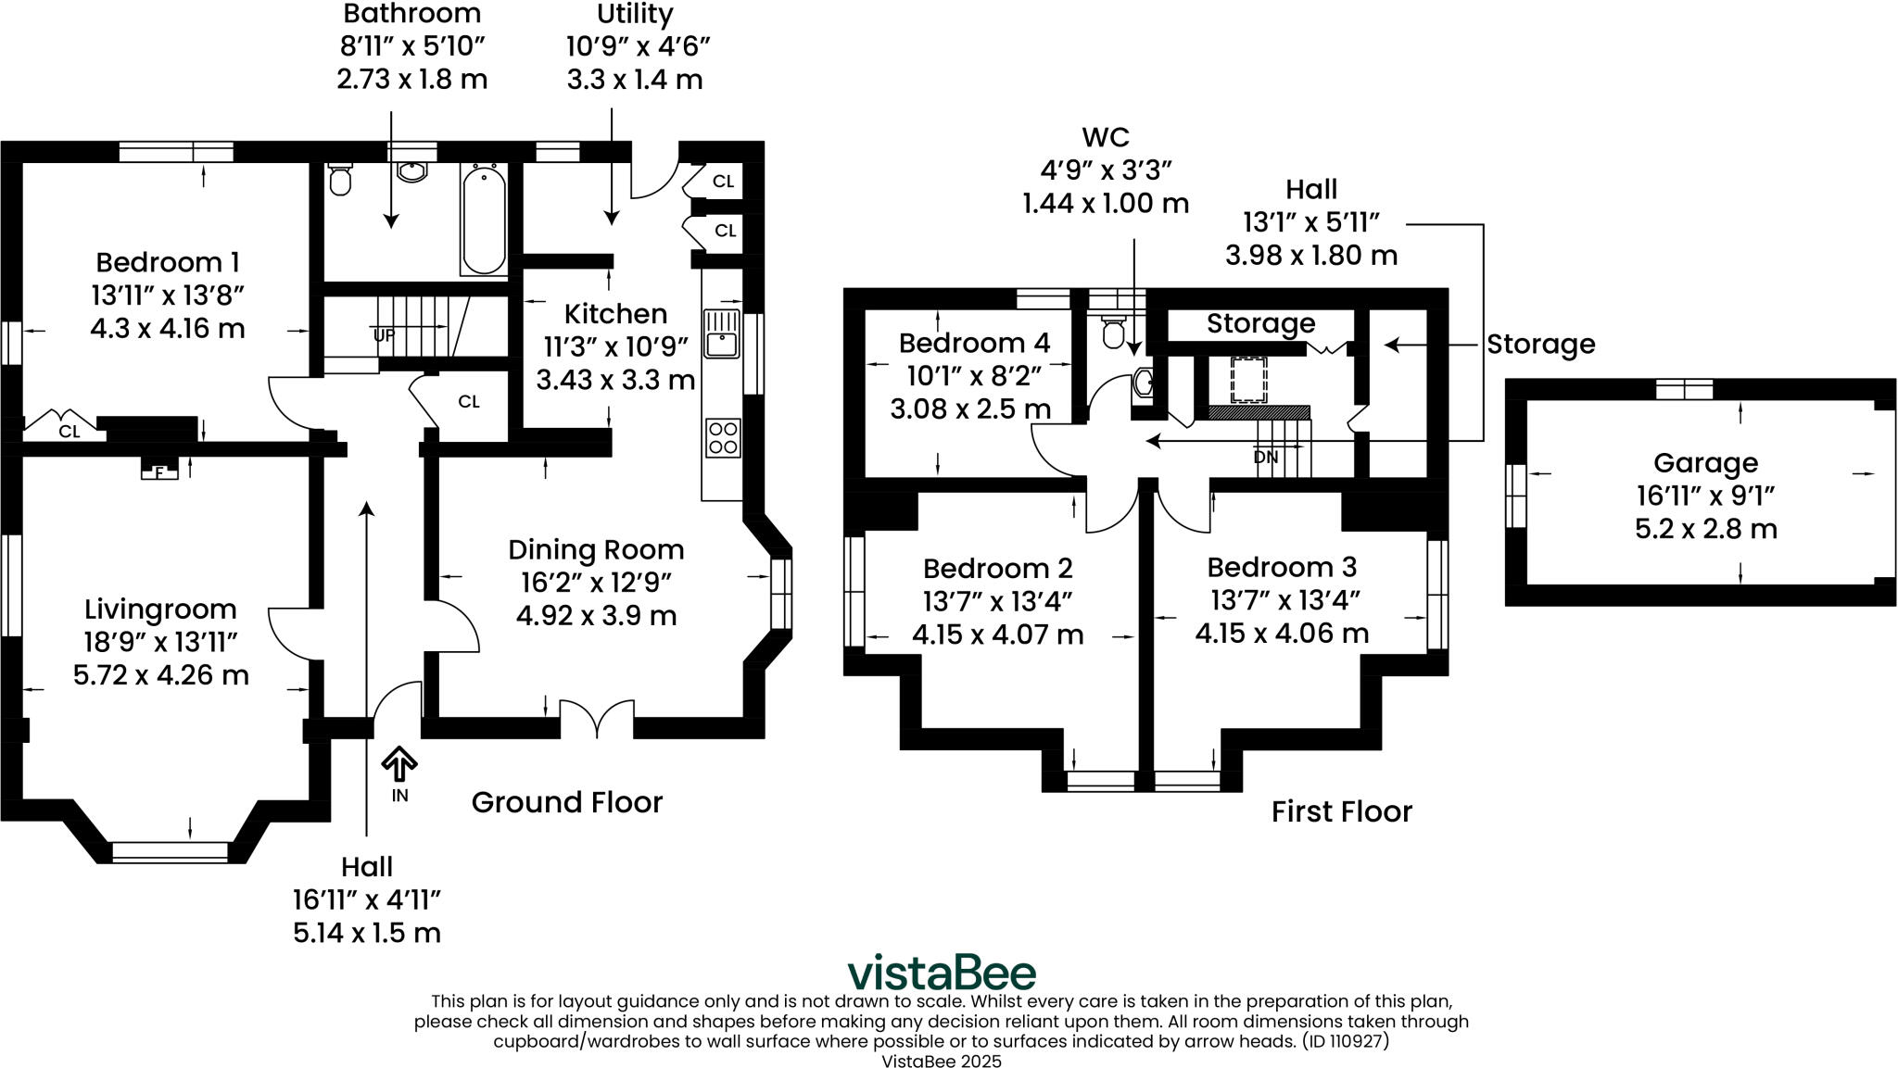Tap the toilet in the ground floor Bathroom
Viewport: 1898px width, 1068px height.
coord(340,179)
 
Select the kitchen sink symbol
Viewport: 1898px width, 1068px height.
coord(720,334)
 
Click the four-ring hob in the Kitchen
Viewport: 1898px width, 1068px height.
coord(722,437)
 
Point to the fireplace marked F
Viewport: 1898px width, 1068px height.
coord(159,471)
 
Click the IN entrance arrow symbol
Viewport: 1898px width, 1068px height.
coord(399,766)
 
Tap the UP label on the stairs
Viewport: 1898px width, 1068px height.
coord(385,334)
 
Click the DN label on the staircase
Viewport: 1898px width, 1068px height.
coord(1265,457)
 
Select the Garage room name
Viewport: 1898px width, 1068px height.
coord(1705,463)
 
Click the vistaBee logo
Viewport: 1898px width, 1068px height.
coord(942,973)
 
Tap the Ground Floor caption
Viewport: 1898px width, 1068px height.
coord(566,802)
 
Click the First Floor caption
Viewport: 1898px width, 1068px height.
coord(1341,811)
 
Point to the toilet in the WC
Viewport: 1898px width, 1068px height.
coord(1111,331)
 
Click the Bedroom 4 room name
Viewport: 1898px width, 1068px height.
coord(974,343)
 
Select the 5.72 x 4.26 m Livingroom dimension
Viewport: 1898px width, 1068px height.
coord(161,675)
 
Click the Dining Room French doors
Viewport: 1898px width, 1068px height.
coord(597,720)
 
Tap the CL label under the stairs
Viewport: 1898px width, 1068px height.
coord(469,402)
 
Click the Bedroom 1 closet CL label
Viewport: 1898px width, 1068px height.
coord(69,432)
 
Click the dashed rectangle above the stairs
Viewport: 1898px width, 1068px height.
coord(1248,379)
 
